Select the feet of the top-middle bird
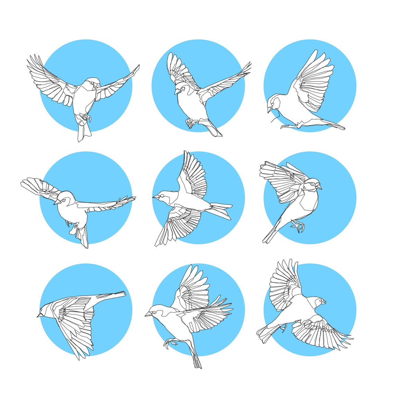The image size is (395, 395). point(190,123)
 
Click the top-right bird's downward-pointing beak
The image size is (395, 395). point(269,110)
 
